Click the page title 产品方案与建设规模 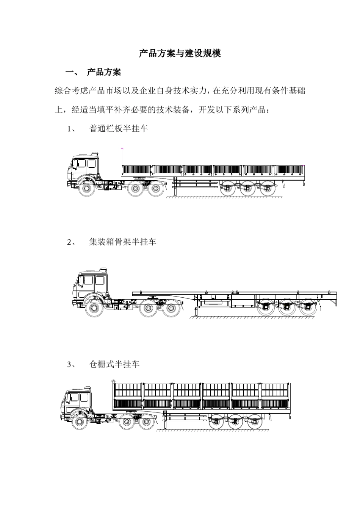click(180, 53)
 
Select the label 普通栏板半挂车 click(118, 129)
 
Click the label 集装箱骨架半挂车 click(122, 242)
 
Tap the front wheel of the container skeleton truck click(94, 309)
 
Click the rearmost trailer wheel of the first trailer click(268, 188)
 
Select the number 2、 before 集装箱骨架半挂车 click(71, 242)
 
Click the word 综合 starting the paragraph click(63, 91)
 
